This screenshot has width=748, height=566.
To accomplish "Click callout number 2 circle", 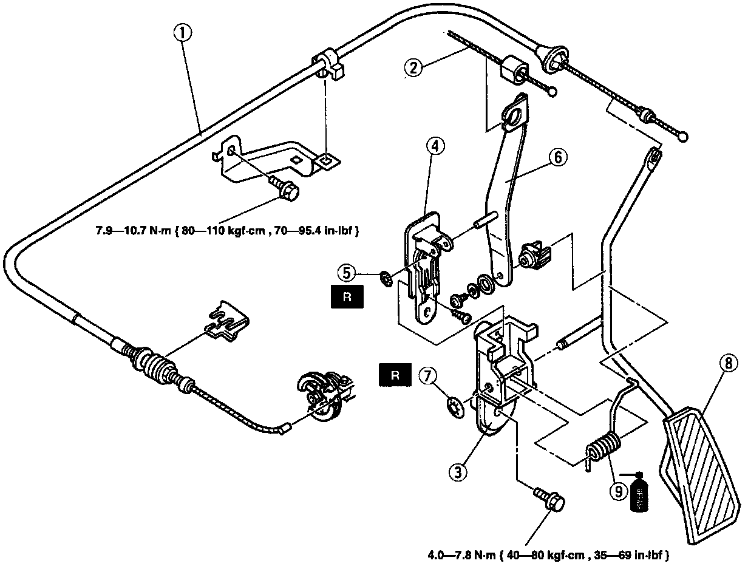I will (x=413, y=68).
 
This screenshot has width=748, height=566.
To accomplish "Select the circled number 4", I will (x=435, y=146).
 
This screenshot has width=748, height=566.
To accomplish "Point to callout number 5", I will (x=347, y=273).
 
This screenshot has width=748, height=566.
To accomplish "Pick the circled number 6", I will (x=558, y=157).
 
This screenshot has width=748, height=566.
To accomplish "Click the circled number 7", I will (x=427, y=377).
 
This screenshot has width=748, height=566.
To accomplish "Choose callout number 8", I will (x=729, y=364).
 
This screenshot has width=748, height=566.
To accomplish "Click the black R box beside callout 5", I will (x=347, y=298).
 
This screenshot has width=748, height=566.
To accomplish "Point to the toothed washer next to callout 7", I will (x=454, y=407).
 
